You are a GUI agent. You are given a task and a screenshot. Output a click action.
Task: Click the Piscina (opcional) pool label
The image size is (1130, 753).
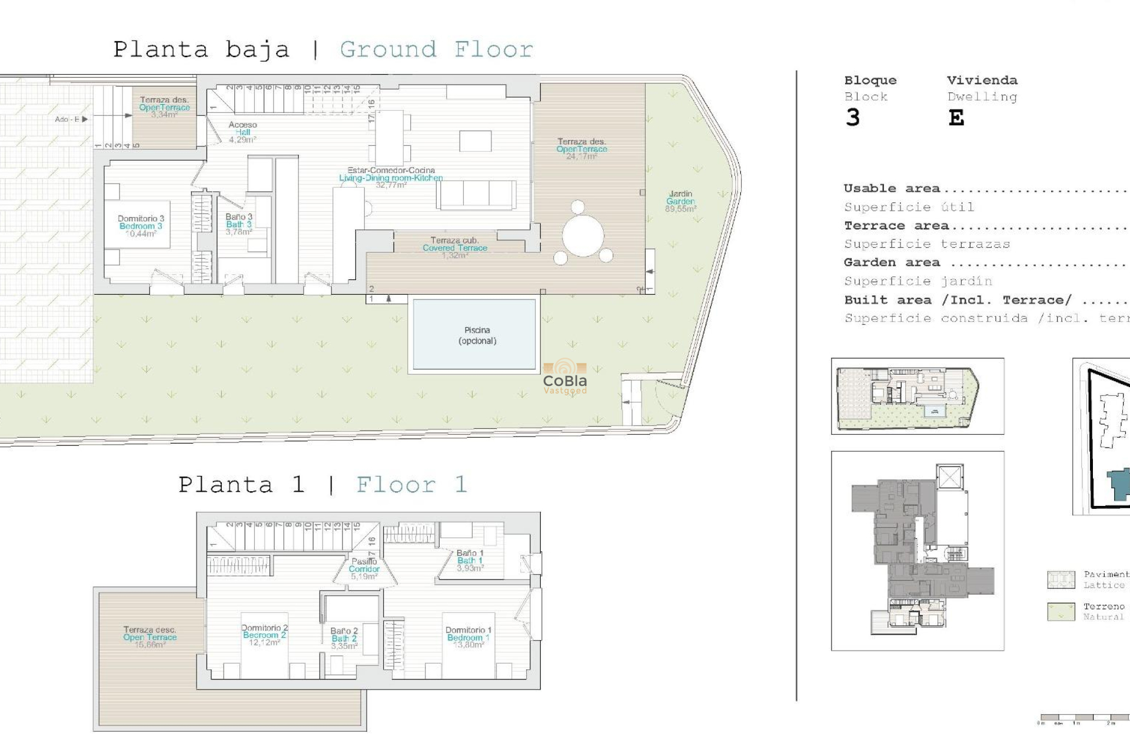click(477, 335)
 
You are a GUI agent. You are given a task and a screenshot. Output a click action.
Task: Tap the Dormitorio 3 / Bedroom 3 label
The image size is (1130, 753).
click(141, 226)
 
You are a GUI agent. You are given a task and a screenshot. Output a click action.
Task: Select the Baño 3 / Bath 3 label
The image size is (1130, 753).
click(239, 224)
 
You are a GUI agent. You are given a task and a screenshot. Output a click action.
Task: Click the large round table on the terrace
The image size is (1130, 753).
click(583, 235)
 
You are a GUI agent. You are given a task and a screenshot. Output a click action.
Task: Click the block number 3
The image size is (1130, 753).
click(853, 118)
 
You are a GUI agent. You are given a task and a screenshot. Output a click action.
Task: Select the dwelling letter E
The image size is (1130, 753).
click(956, 118)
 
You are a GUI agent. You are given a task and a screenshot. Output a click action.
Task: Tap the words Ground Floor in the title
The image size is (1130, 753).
click(436, 49)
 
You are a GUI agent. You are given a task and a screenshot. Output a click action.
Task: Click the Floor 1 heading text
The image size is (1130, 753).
click(411, 485)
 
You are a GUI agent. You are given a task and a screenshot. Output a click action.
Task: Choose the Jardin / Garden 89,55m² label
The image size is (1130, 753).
click(681, 201)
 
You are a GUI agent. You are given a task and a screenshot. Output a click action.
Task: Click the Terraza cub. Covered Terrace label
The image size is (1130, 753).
click(455, 248)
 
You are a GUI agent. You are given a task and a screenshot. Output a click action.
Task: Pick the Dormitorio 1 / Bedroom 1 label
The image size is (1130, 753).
click(468, 637)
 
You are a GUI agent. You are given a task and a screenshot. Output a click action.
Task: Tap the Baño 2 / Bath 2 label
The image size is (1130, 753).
click(344, 638)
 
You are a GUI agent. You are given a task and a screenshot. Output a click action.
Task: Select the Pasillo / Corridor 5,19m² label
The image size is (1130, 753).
click(364, 569)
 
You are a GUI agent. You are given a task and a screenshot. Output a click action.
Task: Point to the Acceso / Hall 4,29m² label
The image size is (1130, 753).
click(242, 132)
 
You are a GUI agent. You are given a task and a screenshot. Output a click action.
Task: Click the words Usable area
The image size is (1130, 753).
click(892, 188)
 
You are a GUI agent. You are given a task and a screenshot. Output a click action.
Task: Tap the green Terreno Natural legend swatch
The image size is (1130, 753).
click(1061, 611)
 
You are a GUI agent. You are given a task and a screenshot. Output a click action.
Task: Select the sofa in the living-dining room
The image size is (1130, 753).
click(477, 194)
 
